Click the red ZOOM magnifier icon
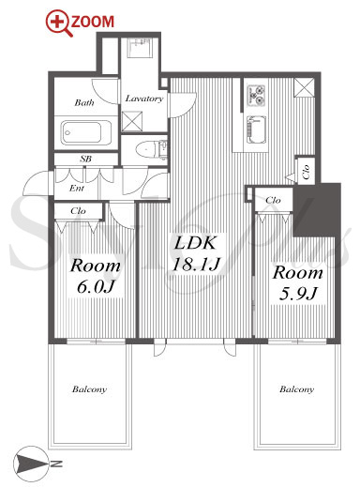[57, 22]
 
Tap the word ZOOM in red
[93, 22]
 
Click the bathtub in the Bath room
[86, 133]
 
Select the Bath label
[84, 102]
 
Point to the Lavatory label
[144, 99]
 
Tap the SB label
[85, 159]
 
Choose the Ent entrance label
[77, 188]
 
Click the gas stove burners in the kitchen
[256, 95]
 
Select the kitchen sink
[256, 129]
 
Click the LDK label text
[195, 243]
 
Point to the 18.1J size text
[197, 264]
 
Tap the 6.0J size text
[96, 287]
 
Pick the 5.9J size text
[298, 294]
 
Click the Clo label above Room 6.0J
[78, 211]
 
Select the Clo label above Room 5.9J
[273, 200]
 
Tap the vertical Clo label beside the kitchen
[306, 172]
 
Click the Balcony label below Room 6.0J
[89, 389]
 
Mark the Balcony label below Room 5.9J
[296, 389]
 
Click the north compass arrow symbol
[31, 464]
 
